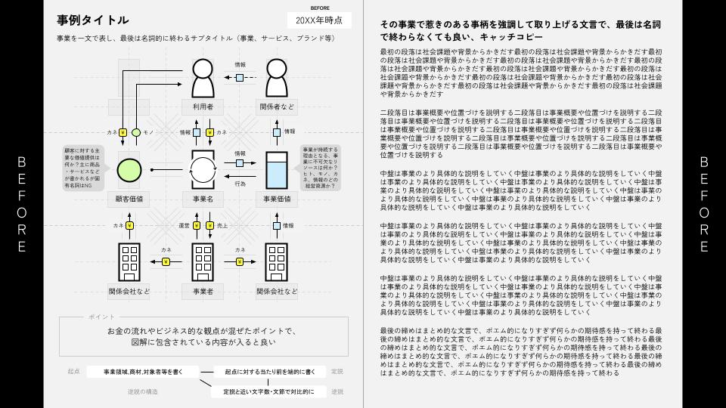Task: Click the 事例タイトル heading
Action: tap(93, 20)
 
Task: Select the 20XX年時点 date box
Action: tap(319, 20)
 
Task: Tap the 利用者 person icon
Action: tap(202, 77)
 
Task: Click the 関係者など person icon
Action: tap(276, 77)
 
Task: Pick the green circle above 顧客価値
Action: tap(129, 170)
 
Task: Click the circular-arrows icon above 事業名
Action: tap(202, 170)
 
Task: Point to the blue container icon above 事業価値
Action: tap(276, 170)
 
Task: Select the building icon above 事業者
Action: tap(202, 261)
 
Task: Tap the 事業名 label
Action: tap(202, 199)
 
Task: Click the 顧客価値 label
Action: tap(129, 199)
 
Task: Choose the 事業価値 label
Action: tap(276, 199)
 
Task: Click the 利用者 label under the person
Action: tap(202, 107)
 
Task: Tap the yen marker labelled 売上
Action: tap(209, 225)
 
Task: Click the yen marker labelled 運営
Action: tap(196, 225)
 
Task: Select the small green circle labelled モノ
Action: tap(136, 132)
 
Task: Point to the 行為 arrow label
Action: tap(240, 184)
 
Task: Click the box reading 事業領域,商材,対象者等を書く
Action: tap(141, 372)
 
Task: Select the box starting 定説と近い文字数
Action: tap(269, 391)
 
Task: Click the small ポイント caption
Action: tap(101, 316)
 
